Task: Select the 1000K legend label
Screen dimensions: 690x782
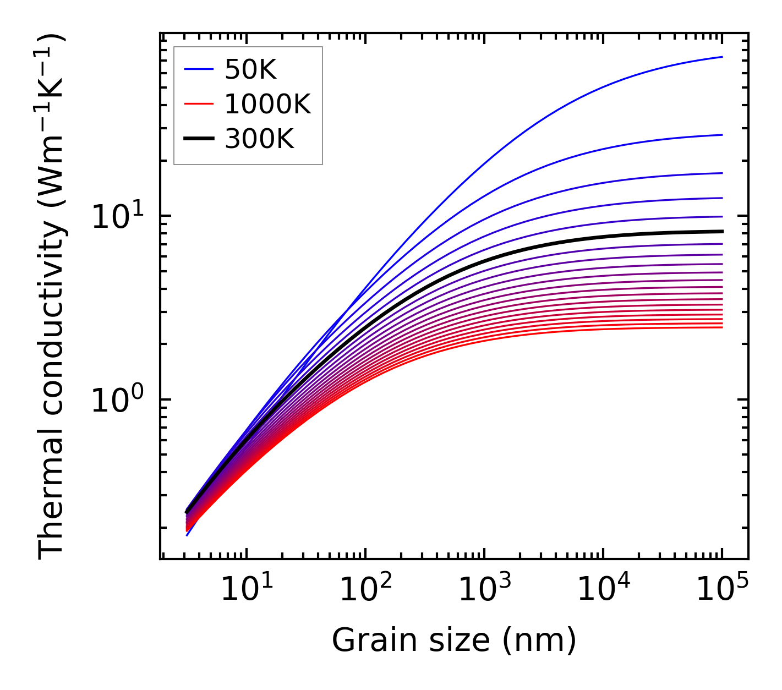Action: pos(267,104)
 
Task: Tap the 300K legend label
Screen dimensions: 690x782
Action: pos(259,139)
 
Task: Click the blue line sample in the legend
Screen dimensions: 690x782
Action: pos(198,69)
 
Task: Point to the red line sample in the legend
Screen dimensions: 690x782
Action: pos(198,104)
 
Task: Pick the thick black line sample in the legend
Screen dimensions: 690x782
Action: pos(198,139)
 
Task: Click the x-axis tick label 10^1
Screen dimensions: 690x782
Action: pos(247,590)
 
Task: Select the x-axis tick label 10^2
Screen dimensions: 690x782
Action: pos(365,590)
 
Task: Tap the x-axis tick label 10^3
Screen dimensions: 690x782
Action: pos(484,590)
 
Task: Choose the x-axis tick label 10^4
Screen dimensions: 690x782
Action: pos(603,590)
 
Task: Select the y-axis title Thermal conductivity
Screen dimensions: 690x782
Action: pos(52,297)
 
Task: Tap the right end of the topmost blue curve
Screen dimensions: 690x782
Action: pos(721,57)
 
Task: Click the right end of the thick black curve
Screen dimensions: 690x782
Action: pos(721,231)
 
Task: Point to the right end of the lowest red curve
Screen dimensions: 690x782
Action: pos(721,327)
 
